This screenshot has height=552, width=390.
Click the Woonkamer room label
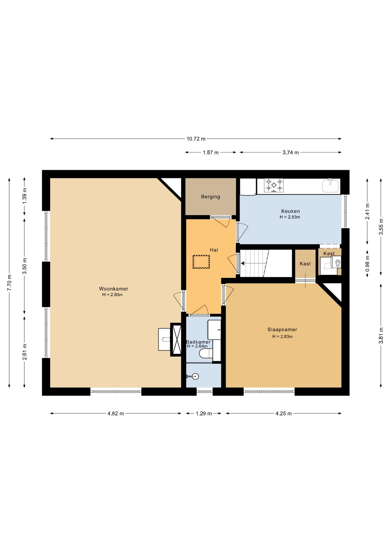click(x=113, y=289)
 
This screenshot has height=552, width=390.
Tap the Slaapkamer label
click(x=282, y=329)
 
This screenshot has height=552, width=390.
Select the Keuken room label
click(x=290, y=211)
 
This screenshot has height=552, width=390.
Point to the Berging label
click(x=211, y=197)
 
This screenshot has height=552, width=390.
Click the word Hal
click(x=214, y=250)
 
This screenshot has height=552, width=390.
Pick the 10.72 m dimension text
click(x=196, y=139)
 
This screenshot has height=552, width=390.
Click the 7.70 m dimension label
click(x=9, y=283)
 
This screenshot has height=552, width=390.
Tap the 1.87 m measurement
click(x=211, y=152)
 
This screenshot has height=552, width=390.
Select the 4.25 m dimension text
click(x=283, y=413)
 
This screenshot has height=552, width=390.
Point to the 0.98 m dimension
click(x=367, y=264)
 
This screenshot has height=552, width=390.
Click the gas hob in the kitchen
click(x=274, y=185)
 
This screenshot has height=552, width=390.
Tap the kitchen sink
click(x=331, y=185)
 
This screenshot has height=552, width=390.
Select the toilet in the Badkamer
click(x=206, y=353)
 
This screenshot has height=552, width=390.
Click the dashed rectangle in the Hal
click(x=201, y=262)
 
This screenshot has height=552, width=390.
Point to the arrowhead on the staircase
click(x=242, y=263)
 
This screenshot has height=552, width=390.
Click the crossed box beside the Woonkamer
click(x=176, y=340)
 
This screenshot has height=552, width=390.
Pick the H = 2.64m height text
click(x=197, y=346)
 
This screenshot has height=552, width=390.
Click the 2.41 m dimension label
click(x=367, y=211)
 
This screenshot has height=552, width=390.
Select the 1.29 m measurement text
click(x=204, y=413)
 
